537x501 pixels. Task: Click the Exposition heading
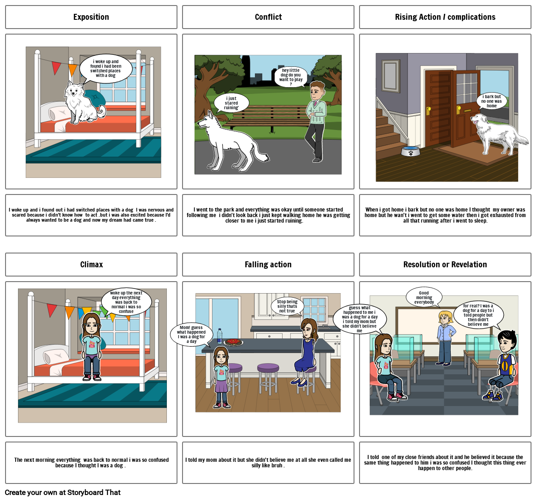91,17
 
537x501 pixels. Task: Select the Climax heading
91,265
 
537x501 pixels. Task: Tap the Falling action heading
268,265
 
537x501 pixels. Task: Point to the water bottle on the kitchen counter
219,336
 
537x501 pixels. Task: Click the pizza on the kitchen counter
233,342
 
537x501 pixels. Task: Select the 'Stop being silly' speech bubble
287,306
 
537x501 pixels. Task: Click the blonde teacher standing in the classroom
446,338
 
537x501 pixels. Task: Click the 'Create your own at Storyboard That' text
63,492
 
